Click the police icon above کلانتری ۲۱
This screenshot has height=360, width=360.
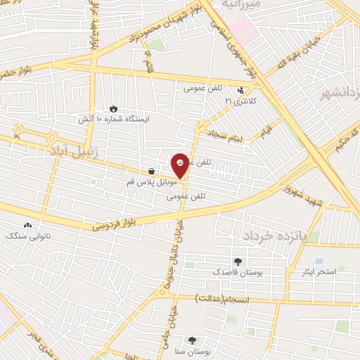(241, 90)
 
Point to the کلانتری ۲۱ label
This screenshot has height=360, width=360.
(241, 101)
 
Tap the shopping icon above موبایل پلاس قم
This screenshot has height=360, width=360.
(151, 172)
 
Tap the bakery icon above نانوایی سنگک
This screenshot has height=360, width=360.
(27, 225)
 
